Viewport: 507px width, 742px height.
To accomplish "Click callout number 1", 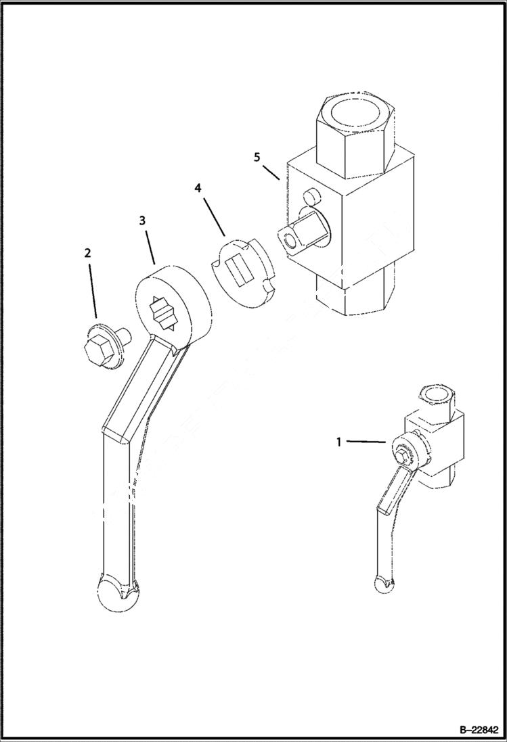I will (x=339, y=442).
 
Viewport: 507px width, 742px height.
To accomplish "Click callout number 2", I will (x=87, y=253).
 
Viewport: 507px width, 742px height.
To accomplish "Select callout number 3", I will (x=142, y=221).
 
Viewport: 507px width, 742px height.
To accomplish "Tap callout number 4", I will (x=198, y=187).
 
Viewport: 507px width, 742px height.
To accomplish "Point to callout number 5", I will (x=257, y=156).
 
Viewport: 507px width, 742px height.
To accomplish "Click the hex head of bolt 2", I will (x=92, y=350).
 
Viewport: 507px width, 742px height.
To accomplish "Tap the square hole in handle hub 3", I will (x=162, y=313).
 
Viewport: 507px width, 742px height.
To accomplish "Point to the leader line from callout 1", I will (x=366, y=442).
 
